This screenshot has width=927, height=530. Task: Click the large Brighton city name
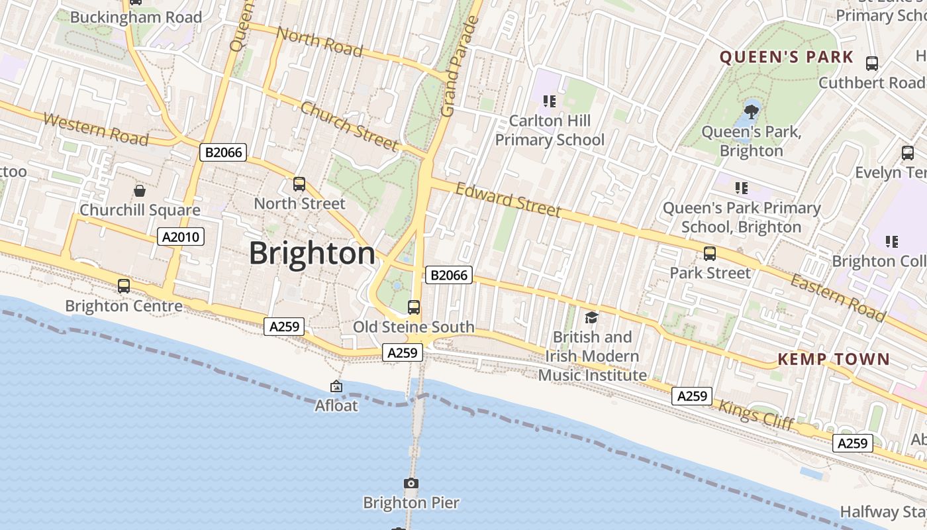312,254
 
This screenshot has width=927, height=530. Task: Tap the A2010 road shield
181,237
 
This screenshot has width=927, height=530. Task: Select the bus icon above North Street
299,184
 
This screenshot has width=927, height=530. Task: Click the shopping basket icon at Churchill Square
140,191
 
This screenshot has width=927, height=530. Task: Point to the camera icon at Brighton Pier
411,484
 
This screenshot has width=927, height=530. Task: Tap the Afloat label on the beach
336,405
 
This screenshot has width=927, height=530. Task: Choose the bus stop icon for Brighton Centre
124,286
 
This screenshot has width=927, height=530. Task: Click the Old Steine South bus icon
414,307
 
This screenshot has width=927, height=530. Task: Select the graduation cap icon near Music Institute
591,317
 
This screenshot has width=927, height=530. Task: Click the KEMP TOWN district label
834,359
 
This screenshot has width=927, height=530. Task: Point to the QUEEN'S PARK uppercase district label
787,57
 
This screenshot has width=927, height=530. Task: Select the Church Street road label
349,126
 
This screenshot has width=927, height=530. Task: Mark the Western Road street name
95,129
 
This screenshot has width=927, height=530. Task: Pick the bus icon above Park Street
710,253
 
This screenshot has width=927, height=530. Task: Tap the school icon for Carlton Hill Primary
549,101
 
